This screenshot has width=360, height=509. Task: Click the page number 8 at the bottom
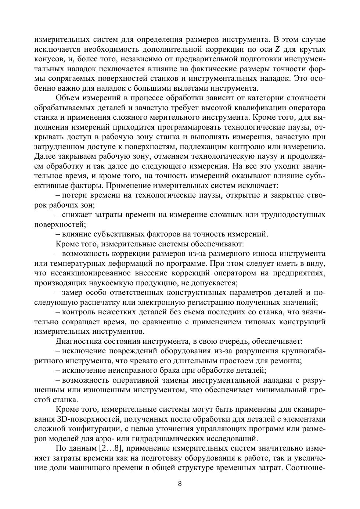(180, 483)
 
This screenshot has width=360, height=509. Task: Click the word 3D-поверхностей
(84, 419)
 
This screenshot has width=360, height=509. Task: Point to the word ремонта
(288, 361)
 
